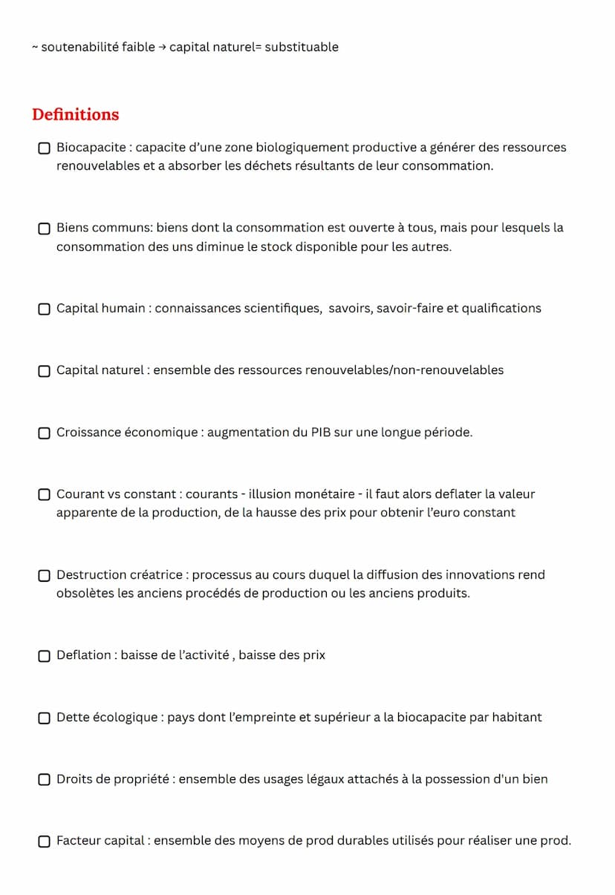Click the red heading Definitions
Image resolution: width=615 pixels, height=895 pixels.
(75, 114)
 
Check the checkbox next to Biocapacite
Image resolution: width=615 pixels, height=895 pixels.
(45, 148)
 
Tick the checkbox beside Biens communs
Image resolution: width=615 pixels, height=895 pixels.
(45, 229)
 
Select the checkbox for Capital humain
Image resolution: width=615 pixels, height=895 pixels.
(45, 309)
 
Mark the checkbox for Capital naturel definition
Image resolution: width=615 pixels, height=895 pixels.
(45, 371)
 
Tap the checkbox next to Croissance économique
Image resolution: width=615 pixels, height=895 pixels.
(45, 433)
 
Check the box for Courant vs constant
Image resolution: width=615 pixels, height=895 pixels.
(45, 495)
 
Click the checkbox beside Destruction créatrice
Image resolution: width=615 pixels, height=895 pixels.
(45, 575)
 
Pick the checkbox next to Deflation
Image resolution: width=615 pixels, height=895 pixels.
(45, 656)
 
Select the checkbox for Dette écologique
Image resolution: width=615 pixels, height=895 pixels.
(45, 718)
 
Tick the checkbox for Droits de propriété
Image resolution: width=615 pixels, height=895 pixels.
(45, 780)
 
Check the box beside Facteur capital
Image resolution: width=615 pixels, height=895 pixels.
(45, 842)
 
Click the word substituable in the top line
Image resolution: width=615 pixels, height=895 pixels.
(302, 47)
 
